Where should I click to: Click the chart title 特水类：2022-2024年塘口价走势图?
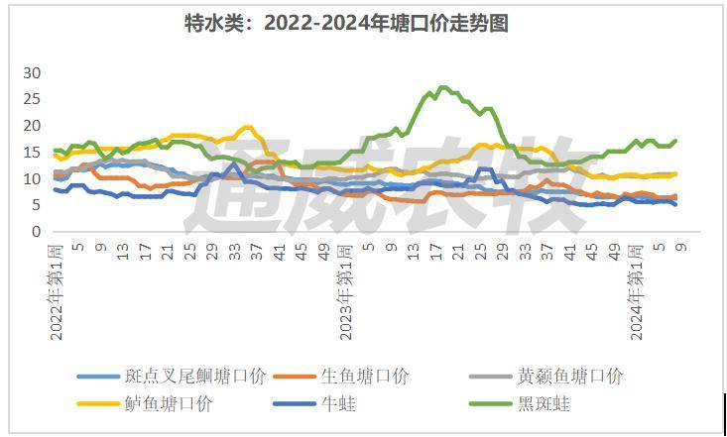346,24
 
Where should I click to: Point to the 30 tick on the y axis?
32,73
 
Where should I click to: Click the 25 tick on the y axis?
32,100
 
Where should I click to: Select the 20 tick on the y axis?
32,126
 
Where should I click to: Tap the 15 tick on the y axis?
32,153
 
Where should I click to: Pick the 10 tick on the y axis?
32,179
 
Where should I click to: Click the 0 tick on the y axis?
36,232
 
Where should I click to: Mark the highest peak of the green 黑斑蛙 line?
441,88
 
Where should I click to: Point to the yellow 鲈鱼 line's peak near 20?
248,127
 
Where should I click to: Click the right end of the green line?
675,141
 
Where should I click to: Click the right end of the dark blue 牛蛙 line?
675,204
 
